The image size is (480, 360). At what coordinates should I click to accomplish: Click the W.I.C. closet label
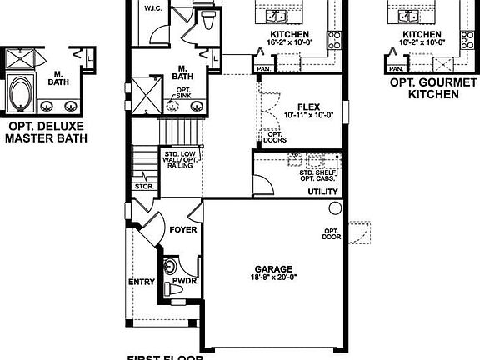tap(152, 8)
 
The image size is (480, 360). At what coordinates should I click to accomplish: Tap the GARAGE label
tap(273, 268)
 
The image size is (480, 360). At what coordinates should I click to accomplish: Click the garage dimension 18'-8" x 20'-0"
tap(273, 277)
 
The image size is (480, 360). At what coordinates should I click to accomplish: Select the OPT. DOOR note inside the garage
tap(332, 232)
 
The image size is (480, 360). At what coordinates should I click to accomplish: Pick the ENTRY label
tap(141, 282)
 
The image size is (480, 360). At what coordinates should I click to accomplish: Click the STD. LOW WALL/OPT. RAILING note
tap(179, 160)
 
